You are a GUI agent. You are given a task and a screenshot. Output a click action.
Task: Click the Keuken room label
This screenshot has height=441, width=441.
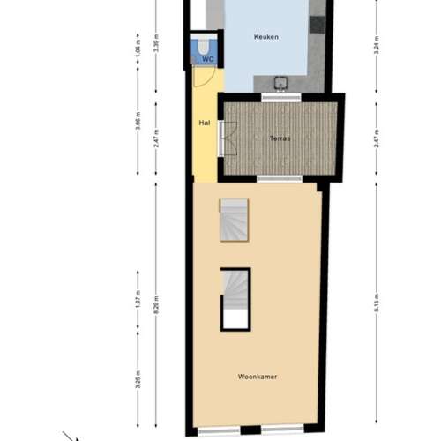265,37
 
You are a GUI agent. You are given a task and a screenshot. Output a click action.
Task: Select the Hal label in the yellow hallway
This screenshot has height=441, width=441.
205,123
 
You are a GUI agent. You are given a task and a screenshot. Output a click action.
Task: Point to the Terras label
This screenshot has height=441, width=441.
281,138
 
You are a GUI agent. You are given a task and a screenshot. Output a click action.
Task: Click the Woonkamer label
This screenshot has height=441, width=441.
257,376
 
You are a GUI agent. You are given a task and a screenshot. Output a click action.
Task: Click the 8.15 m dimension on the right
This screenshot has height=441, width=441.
376,305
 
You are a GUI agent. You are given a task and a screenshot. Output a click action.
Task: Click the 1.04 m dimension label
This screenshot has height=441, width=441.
138,46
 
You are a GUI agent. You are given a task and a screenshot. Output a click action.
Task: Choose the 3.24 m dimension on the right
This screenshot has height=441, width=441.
376,46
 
